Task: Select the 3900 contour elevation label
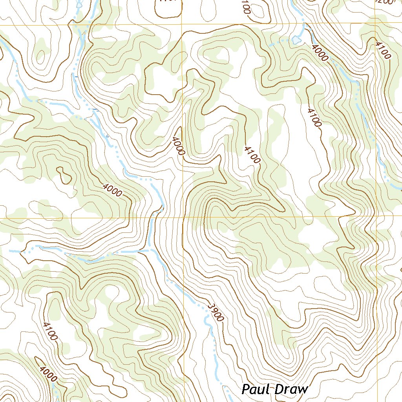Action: point(216,312)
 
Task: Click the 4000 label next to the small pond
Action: point(320,52)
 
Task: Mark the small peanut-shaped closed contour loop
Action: point(64,175)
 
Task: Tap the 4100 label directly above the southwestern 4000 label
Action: point(50,331)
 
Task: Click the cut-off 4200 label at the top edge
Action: point(383,2)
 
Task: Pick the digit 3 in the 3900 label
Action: point(210,305)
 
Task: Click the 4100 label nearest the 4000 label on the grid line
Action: point(252,154)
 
